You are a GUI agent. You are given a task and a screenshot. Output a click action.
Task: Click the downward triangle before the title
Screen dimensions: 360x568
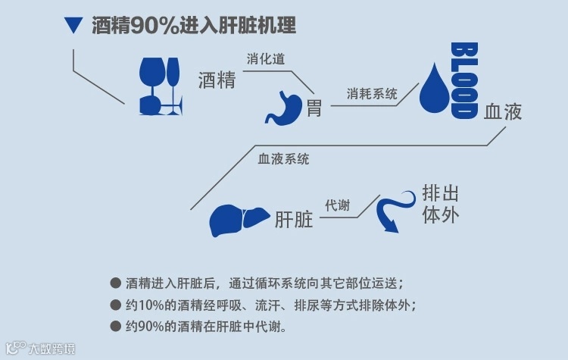(73, 26)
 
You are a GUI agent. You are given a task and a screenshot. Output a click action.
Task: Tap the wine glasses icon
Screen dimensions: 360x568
(160, 86)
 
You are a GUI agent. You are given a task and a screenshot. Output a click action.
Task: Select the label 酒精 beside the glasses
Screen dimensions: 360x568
(217, 80)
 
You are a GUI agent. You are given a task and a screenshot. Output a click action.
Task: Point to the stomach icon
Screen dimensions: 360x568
(282, 106)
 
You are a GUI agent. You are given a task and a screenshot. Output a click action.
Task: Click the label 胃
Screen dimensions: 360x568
(314, 108)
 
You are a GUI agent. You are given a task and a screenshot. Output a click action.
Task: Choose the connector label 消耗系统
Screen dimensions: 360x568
(373, 94)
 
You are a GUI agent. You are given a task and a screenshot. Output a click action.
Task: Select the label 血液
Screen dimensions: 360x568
(503, 112)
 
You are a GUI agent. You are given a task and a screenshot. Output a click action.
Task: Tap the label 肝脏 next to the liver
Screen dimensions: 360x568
(294, 220)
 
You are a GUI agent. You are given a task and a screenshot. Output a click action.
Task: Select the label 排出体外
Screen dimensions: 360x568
(441, 204)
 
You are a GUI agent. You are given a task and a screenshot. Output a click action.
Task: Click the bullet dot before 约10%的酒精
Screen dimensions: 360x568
(115, 305)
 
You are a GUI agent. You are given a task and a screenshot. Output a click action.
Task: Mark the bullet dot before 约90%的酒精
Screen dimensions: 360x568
(115, 327)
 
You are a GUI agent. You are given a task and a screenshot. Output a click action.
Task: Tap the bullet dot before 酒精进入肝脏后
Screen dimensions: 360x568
(115, 283)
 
